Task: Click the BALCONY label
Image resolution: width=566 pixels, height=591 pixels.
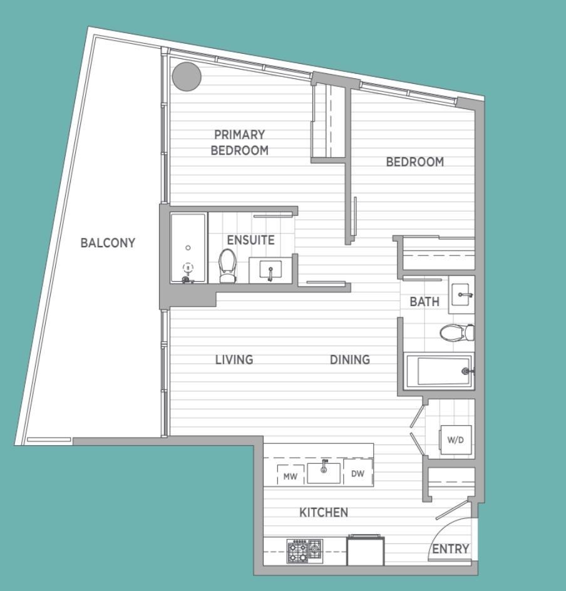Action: pyautogui.click(x=108, y=243)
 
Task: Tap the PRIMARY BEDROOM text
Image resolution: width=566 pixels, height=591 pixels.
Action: pyautogui.click(x=239, y=142)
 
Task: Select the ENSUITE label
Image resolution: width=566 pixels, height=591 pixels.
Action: pyautogui.click(x=250, y=240)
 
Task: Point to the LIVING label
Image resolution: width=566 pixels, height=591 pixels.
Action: pyautogui.click(x=234, y=359)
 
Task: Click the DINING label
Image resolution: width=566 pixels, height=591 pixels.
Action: pyautogui.click(x=350, y=359)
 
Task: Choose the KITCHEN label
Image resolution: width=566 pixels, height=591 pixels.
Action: pyautogui.click(x=324, y=513)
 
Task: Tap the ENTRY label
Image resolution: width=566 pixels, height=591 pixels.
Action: pyautogui.click(x=451, y=549)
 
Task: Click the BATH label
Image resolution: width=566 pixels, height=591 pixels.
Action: pyautogui.click(x=424, y=302)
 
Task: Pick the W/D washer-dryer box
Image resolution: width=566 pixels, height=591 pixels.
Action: pyautogui.click(x=455, y=439)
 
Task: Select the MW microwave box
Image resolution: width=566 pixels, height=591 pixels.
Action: pyautogui.click(x=290, y=475)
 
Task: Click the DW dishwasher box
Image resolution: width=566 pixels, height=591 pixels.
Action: pyautogui.click(x=358, y=474)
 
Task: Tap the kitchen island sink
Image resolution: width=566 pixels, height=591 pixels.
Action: pyautogui.click(x=324, y=471)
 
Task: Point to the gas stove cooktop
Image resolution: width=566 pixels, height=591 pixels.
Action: pyautogui.click(x=304, y=550)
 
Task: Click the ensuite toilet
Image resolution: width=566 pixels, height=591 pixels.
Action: pyautogui.click(x=227, y=265)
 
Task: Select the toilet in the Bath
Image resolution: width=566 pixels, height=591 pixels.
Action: pyautogui.click(x=456, y=332)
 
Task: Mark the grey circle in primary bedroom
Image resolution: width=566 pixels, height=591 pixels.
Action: pyautogui.click(x=187, y=77)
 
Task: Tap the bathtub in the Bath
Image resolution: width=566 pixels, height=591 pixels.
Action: pyautogui.click(x=438, y=371)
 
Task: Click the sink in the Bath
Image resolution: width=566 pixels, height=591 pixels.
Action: pyautogui.click(x=462, y=294)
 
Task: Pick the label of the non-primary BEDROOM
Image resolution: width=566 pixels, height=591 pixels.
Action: pyautogui.click(x=414, y=162)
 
